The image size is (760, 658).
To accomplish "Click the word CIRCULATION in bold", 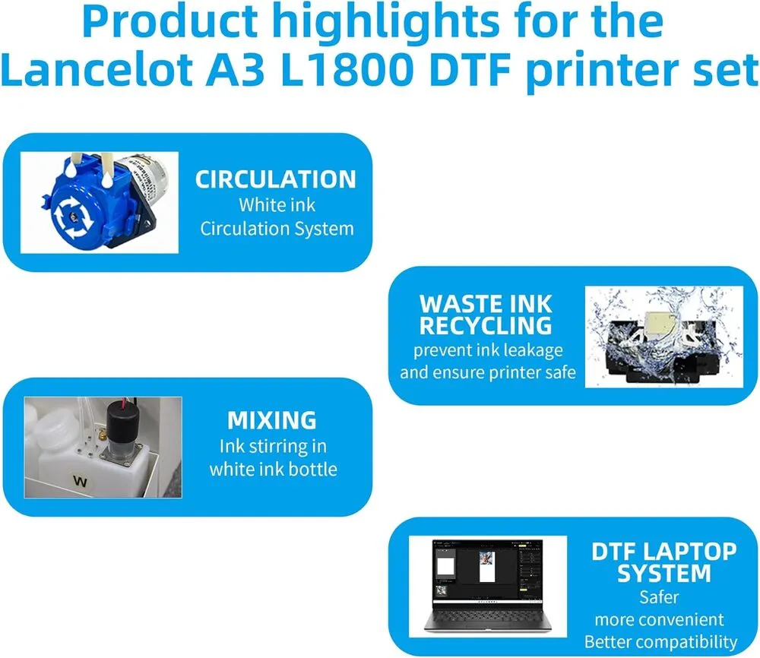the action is [x=275, y=179].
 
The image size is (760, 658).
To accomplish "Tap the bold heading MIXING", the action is [x=272, y=420].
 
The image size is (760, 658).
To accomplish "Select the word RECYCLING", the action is [x=486, y=326].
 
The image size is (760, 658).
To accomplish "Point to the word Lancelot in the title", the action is [x=97, y=69].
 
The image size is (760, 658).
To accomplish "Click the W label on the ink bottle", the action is [x=80, y=481].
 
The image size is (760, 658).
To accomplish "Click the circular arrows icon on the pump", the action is [x=73, y=218].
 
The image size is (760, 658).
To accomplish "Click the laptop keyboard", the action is [x=486, y=615].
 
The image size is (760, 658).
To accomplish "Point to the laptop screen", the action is [x=488, y=571].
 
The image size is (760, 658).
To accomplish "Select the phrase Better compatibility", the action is [x=660, y=641].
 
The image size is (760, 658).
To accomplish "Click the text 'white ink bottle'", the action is [x=274, y=469].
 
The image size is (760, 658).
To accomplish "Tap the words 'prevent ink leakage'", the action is [x=488, y=350].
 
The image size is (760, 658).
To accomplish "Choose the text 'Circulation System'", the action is [x=277, y=229].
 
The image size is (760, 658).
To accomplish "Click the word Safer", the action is [x=659, y=597].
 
